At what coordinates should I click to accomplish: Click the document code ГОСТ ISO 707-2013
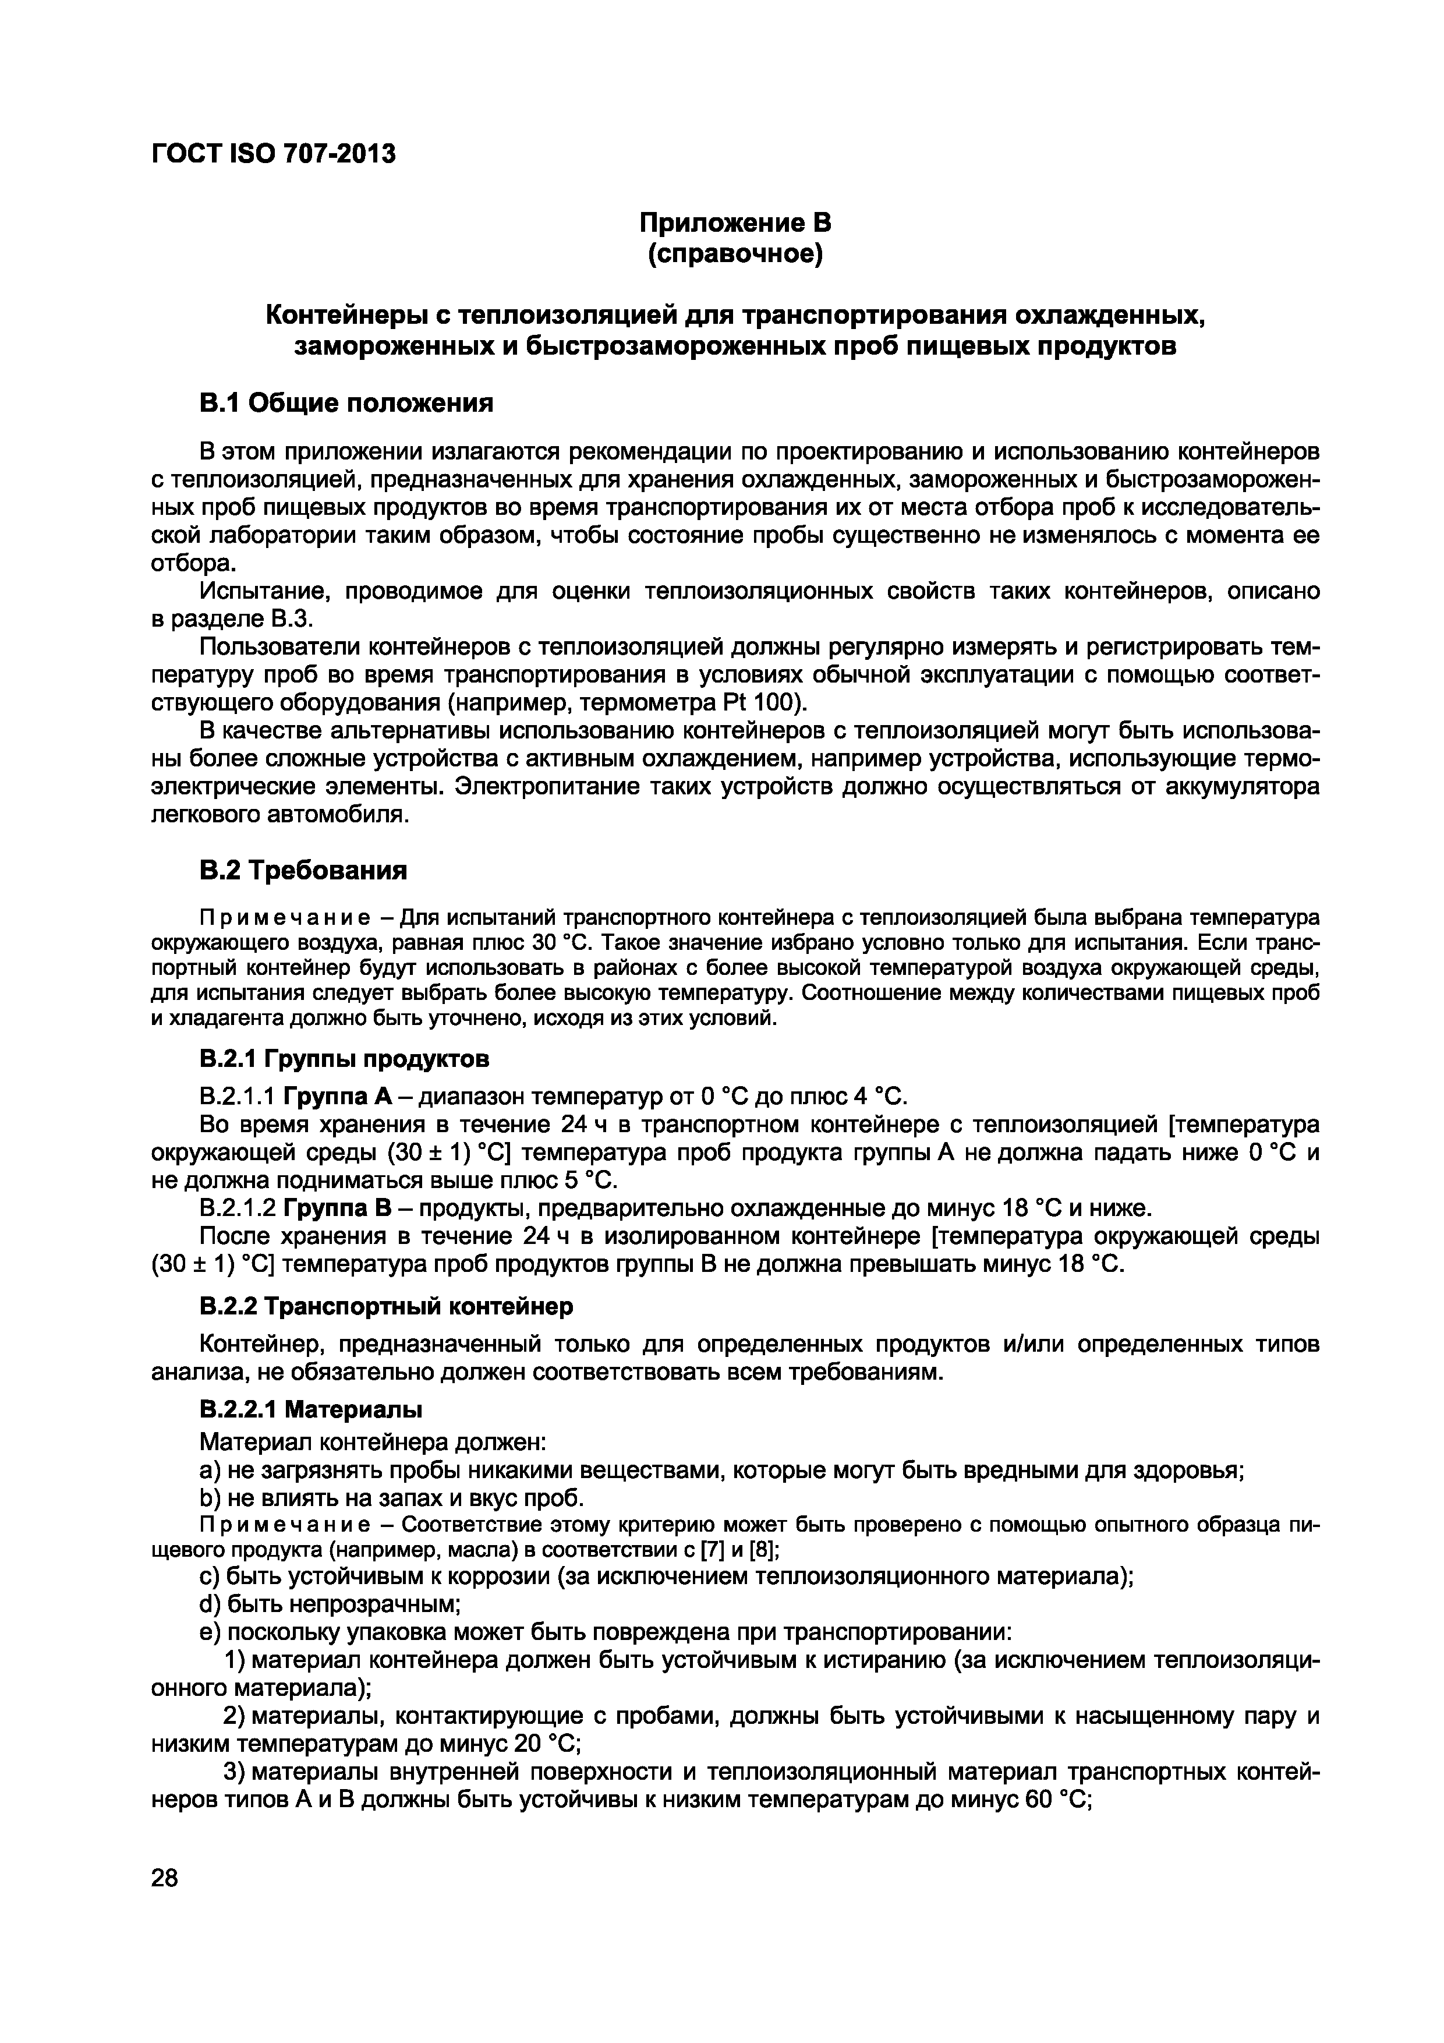click(x=273, y=155)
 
